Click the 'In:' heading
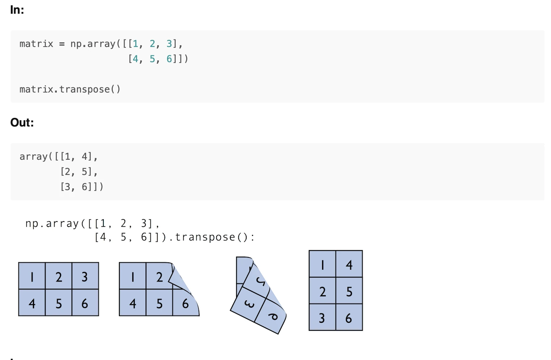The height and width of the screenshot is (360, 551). (x=17, y=10)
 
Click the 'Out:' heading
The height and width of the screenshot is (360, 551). (x=22, y=123)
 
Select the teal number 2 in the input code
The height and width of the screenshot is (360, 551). (x=152, y=44)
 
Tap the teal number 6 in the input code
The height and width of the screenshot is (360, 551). (x=169, y=59)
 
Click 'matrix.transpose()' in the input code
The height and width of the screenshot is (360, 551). (x=70, y=89)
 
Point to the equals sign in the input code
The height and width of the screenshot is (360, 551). (x=62, y=44)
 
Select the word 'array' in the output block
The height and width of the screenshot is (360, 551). (x=34, y=157)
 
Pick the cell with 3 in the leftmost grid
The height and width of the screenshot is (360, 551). (x=85, y=276)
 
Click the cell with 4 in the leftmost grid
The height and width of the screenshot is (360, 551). (x=32, y=302)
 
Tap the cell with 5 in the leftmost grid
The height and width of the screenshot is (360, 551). (x=59, y=302)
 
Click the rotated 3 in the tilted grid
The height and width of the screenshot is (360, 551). (x=249, y=304)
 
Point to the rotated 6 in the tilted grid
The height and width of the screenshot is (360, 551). (x=273, y=317)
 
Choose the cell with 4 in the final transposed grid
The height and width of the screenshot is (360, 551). (x=349, y=264)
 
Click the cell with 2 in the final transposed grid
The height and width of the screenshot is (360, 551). (x=323, y=291)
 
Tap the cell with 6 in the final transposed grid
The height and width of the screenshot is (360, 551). (x=349, y=317)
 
